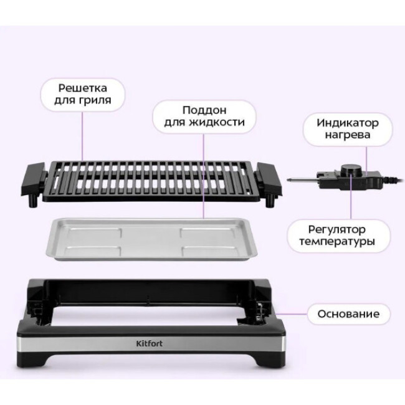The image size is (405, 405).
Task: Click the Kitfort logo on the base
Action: point(150,343)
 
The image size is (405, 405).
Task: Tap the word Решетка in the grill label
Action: point(83,88)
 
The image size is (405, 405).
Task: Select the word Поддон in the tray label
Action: point(204,110)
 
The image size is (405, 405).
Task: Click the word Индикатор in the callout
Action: point(348,123)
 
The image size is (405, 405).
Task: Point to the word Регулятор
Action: point(337,230)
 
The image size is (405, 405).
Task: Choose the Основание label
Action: point(348,314)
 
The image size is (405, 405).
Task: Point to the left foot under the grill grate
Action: point(33,200)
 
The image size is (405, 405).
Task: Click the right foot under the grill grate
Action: point(270,201)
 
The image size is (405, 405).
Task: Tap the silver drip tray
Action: point(152,239)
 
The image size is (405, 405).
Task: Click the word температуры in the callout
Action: point(337,242)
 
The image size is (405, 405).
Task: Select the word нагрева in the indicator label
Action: point(348,135)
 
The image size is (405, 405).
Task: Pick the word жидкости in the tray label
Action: point(216,122)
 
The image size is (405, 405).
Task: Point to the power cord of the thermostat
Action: point(393,179)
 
